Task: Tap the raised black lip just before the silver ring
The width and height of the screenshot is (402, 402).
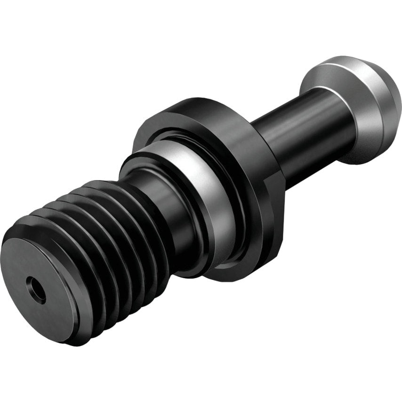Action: [141, 162]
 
